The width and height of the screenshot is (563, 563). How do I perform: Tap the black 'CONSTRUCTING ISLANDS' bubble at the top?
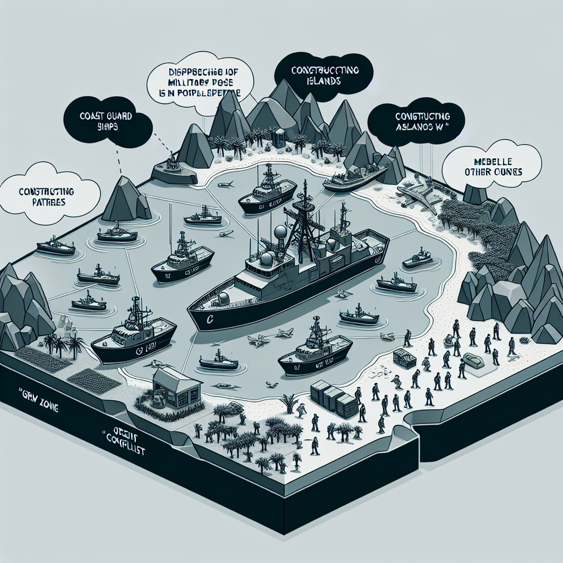click(324, 76)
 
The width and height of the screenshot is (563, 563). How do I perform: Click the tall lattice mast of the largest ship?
click(305, 220)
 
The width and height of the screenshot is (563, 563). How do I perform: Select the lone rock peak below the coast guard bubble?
click(125, 201)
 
